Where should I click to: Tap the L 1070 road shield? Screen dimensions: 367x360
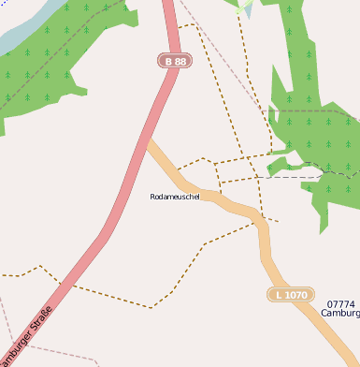[x=290, y=295]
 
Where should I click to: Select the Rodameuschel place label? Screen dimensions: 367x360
[x=175, y=197]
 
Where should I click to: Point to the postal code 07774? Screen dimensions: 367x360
[x=341, y=304]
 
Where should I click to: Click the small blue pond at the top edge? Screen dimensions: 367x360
[x=247, y=11]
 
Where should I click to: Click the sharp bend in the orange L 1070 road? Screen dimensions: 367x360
[x=260, y=223]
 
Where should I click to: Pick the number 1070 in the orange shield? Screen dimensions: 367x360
[x=295, y=295]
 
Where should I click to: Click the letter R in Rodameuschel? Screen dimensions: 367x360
[x=152, y=197]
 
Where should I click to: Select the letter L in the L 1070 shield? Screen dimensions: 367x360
[x=278, y=295]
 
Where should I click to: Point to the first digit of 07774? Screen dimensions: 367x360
[x=330, y=304]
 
